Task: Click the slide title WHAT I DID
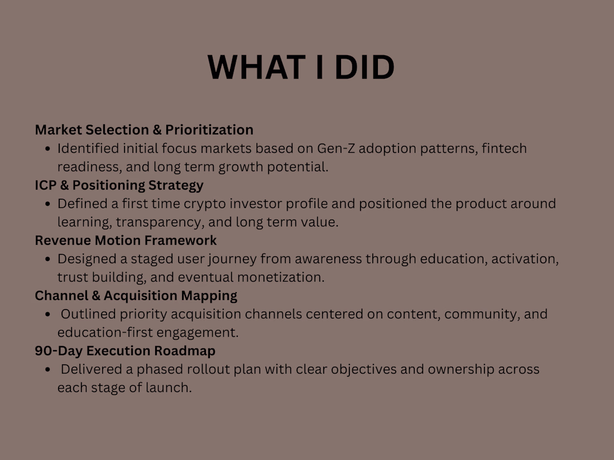point(301,67)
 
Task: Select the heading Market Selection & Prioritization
point(144,129)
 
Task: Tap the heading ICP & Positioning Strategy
point(119,185)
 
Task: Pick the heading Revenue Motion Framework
point(126,240)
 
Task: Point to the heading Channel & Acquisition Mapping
point(136,296)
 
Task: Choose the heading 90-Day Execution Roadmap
point(125,351)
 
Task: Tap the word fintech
point(505,148)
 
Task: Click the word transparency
point(160,222)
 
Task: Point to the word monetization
point(281,277)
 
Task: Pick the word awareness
point(328,259)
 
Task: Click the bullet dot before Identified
point(48,149)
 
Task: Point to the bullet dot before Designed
point(48,259)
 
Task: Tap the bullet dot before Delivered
point(48,369)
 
